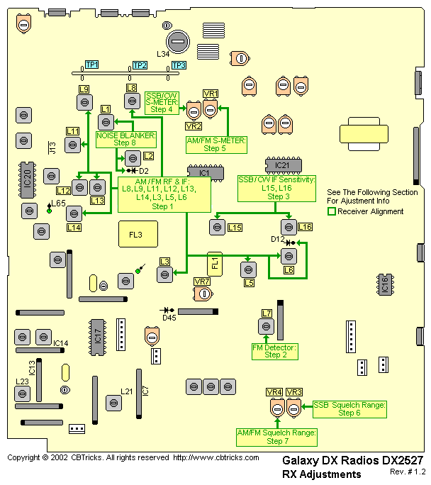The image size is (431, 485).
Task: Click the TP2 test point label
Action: click(140, 65)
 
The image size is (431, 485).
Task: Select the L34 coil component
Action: click(177, 41)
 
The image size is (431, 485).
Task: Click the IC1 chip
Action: click(204, 173)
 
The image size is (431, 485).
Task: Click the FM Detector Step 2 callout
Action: click(274, 351)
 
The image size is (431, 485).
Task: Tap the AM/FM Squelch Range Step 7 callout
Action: click(276, 436)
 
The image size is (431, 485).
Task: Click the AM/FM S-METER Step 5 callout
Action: click(216, 145)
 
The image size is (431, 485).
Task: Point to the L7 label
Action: click(267, 313)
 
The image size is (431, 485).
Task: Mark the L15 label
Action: click(235, 227)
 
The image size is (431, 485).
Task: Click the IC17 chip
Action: click(99, 336)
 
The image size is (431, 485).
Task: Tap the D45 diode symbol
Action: click(168, 310)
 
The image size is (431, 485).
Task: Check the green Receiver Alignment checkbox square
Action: click(331, 211)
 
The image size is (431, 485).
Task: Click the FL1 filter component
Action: click(215, 264)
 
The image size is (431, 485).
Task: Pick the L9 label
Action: click(84, 89)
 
